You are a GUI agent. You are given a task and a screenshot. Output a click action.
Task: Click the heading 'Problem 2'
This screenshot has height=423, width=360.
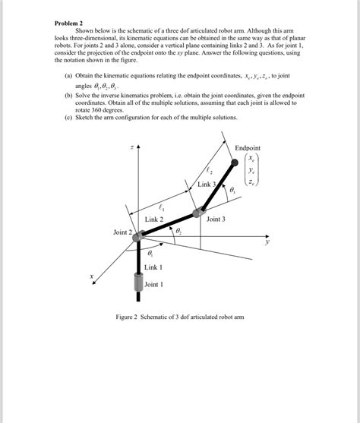point(71,24)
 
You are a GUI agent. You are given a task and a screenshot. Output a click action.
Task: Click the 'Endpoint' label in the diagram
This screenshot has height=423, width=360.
point(247,148)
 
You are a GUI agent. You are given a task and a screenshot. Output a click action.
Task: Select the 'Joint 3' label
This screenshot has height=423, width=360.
point(216,219)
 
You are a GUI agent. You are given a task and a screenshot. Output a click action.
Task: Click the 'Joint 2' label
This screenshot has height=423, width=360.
point(123,232)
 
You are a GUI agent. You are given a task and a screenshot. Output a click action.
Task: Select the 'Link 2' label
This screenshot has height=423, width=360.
point(155,219)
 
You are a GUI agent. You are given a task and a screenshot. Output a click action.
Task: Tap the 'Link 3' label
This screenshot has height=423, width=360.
point(207,185)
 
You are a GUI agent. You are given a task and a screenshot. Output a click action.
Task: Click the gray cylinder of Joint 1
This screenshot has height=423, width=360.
point(139,283)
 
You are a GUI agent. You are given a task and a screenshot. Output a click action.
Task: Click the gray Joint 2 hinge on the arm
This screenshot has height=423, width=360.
point(139,237)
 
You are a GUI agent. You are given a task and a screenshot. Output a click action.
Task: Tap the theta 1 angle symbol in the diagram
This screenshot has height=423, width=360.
point(150,253)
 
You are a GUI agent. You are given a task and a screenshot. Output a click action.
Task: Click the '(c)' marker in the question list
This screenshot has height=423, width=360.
point(69,117)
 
